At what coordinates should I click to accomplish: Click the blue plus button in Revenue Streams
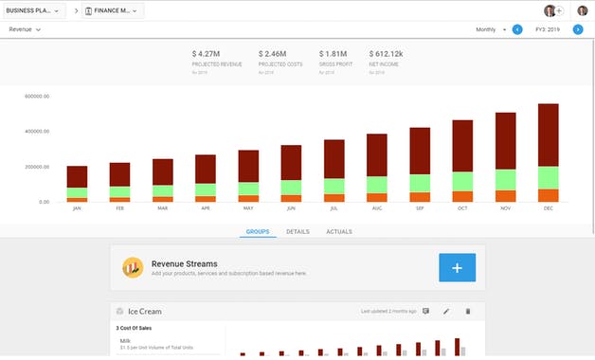point(457,268)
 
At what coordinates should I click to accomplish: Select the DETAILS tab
point(297,231)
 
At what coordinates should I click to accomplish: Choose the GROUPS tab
point(258,231)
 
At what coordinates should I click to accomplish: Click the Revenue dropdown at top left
point(25,29)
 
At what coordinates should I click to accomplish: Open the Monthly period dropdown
point(491,29)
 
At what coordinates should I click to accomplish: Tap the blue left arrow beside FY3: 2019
point(517,29)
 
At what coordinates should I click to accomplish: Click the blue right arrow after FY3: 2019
point(577,29)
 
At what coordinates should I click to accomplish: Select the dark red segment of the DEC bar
point(548,135)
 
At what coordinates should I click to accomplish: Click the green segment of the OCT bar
point(462,181)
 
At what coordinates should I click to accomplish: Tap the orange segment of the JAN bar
point(77,199)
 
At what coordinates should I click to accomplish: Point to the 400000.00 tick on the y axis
point(36,132)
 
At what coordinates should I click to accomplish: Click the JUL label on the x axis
point(334,208)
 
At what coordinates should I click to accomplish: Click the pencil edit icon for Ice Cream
point(446,311)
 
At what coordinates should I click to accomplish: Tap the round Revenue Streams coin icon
point(133,267)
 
